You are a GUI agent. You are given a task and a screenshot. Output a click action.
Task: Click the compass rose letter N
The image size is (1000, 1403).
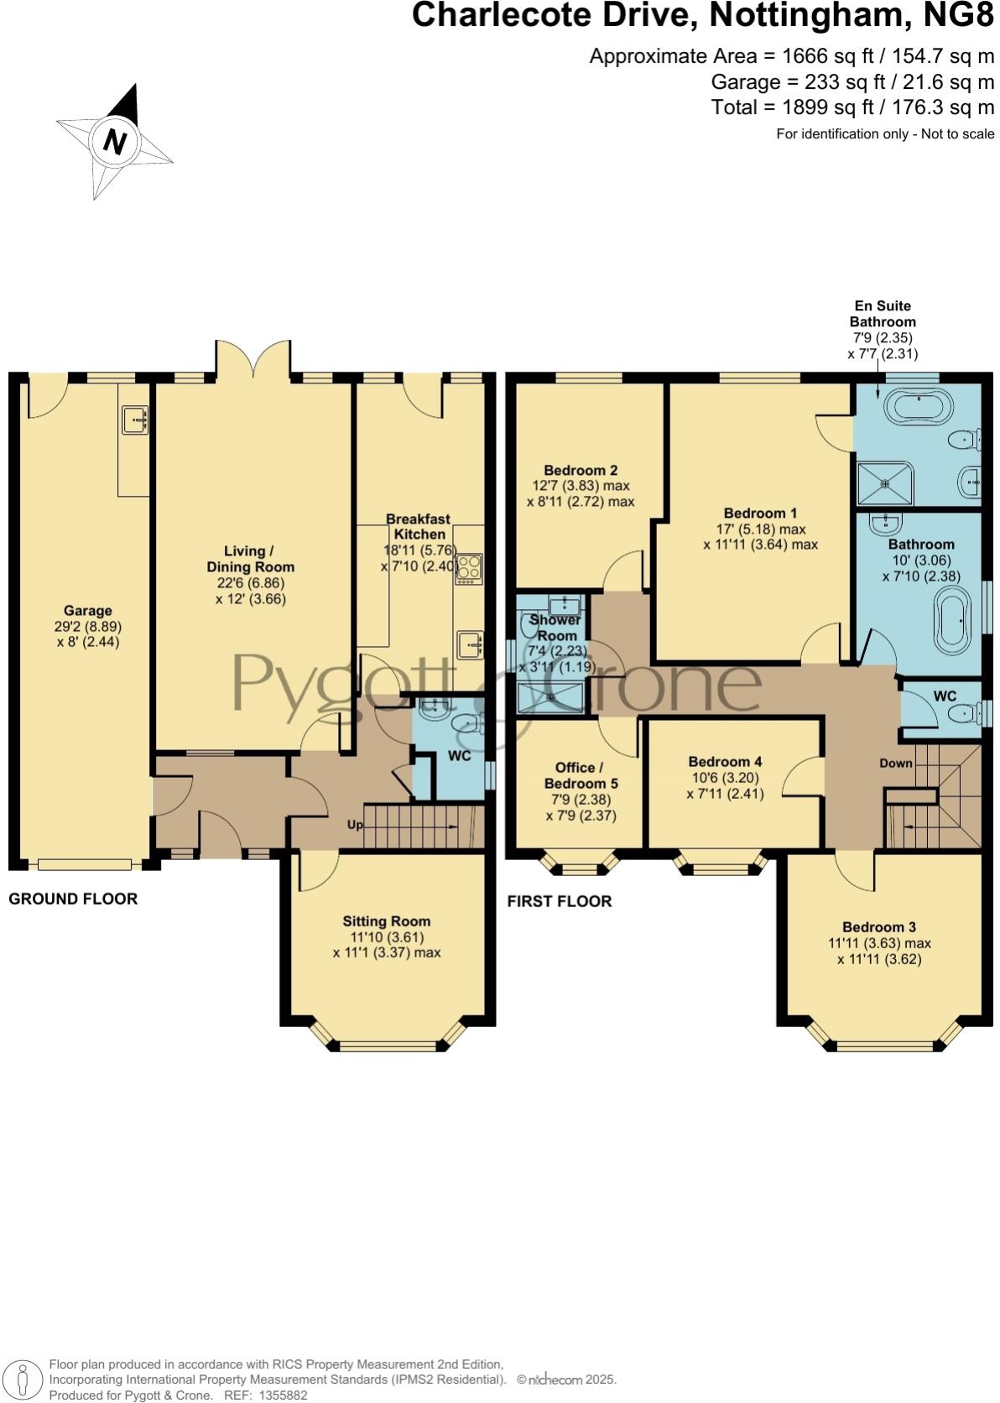tap(115, 141)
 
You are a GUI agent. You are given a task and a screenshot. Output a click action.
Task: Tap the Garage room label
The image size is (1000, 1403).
tap(87, 611)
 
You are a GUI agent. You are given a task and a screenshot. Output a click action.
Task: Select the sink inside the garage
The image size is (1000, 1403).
tap(134, 420)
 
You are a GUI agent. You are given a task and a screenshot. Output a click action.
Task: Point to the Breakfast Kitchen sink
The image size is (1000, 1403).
tap(470, 644)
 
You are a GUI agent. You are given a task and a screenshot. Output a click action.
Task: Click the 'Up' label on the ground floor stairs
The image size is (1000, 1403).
tap(356, 825)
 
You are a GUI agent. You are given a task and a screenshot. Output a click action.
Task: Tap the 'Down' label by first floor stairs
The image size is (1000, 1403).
tap(896, 763)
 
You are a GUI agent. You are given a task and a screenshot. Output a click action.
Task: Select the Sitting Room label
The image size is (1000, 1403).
tap(386, 921)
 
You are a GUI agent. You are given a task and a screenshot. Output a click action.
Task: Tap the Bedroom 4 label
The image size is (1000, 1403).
tap(725, 762)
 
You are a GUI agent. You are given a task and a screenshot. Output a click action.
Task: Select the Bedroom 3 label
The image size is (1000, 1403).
tap(878, 927)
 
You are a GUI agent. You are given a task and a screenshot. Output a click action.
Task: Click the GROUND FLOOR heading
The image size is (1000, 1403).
tap(73, 899)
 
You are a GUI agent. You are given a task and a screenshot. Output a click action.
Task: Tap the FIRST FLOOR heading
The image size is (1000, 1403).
tap(560, 901)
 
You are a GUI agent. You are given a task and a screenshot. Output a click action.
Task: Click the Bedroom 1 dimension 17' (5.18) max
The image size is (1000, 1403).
tap(760, 529)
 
